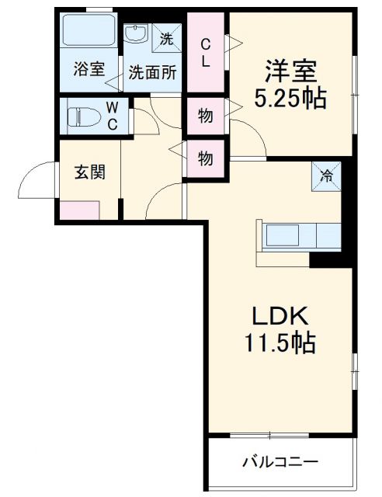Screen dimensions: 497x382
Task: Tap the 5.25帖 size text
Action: pos(290,99)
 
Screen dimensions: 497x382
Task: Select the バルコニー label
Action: pos(279,462)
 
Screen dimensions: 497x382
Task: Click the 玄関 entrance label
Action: pos(90,172)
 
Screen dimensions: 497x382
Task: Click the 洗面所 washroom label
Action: pos(152,72)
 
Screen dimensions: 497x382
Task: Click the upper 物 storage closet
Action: pos(205,116)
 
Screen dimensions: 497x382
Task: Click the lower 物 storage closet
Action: pos(205,158)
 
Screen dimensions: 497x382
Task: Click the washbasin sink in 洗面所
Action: pos(137,35)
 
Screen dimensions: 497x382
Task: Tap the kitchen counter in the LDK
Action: pos(300,235)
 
